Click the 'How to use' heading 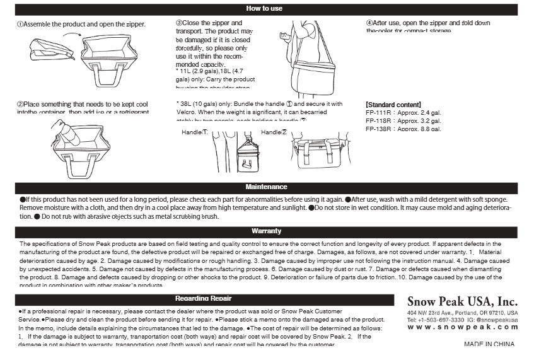[264, 8]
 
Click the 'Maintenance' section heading [266, 187]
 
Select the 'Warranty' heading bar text [266, 231]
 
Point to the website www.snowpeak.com [462, 327]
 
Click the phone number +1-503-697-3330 [437, 320]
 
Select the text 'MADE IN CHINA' [489, 344]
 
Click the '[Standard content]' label [393, 105]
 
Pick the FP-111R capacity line [403, 113]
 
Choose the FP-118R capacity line [403, 121]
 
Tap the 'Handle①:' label [194, 132]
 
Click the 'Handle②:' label [274, 132]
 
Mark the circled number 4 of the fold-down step [369, 23]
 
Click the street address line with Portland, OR [462, 313]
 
